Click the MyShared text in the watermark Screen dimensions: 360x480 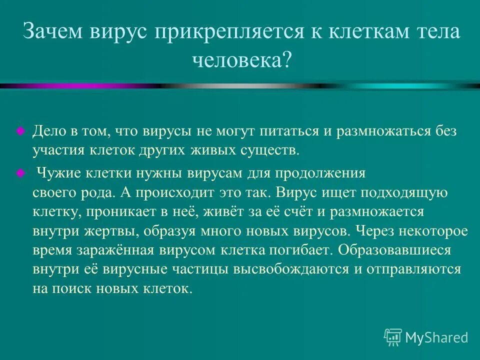(x=437, y=338)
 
